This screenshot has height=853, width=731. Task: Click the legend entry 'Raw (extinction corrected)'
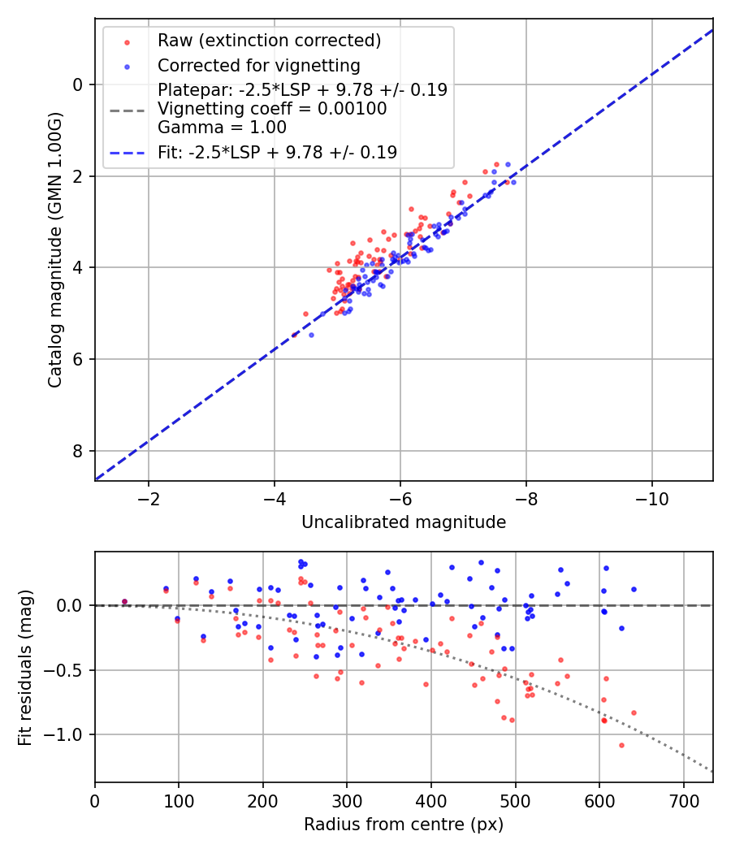click(x=269, y=41)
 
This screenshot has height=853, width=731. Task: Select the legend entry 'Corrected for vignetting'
click(x=258, y=65)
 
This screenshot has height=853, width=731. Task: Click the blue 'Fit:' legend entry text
click(x=277, y=152)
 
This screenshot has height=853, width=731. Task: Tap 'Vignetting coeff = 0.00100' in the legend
click(x=272, y=108)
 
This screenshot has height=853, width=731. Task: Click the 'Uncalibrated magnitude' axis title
click(x=404, y=522)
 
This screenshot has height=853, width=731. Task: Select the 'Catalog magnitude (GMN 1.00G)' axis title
click(x=54, y=249)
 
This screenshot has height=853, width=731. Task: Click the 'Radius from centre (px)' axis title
click(x=404, y=825)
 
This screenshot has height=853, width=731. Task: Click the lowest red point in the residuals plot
click(x=621, y=745)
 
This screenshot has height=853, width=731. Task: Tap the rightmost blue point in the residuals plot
click(x=634, y=589)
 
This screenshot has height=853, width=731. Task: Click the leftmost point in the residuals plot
click(x=124, y=602)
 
